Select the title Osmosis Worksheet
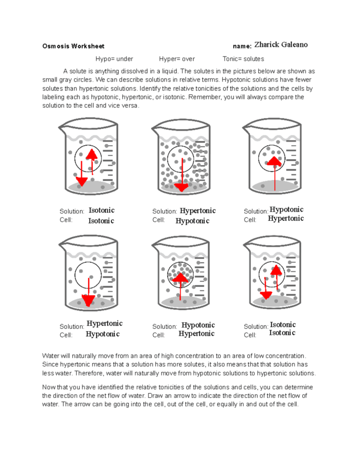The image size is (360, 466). (73, 46)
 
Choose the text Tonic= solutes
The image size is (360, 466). (243, 59)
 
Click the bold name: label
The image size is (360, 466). (242, 46)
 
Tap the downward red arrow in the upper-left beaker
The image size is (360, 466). (81, 175)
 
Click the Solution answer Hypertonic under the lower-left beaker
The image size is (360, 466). (105, 324)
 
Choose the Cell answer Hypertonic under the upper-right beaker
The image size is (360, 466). (285, 218)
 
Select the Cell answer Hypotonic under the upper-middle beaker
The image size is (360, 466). (193, 221)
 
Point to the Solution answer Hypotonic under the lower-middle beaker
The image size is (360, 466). (198, 325)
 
